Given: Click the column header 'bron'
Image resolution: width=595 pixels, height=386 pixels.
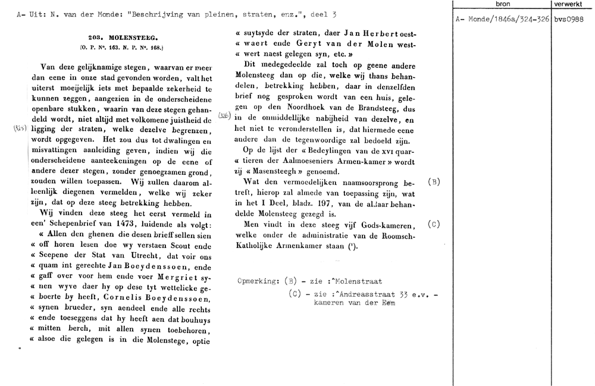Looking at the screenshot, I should point(502,4).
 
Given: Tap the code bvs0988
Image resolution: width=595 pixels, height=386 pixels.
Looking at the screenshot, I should point(568,19).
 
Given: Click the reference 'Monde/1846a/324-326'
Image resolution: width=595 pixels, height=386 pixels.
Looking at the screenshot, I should point(506,19).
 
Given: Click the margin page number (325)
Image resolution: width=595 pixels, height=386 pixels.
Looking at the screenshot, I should point(18,128).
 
